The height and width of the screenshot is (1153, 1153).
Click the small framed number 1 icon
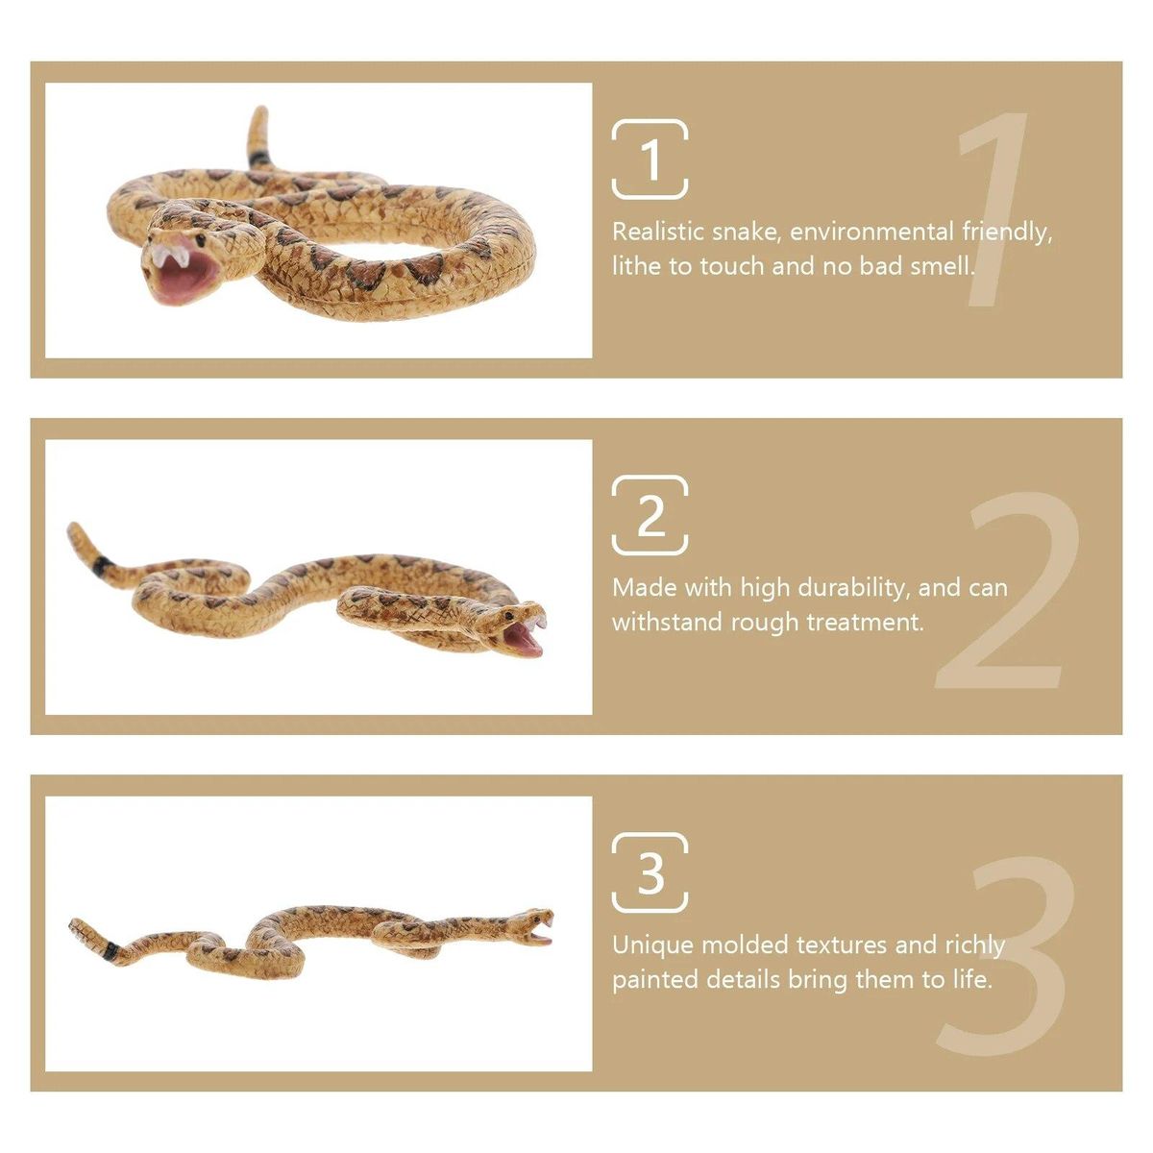pos(650,159)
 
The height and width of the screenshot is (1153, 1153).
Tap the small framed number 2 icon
pos(650,515)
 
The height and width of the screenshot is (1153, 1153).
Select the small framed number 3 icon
pos(650,872)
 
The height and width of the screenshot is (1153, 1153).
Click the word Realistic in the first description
pos(657,232)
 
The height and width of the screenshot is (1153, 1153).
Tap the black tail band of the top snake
pos(259,159)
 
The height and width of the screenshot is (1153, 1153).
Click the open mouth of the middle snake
pos(525,639)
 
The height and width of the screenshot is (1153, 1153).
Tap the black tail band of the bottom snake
pos(110,951)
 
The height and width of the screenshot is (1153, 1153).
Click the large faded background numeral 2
pos(1006,589)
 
